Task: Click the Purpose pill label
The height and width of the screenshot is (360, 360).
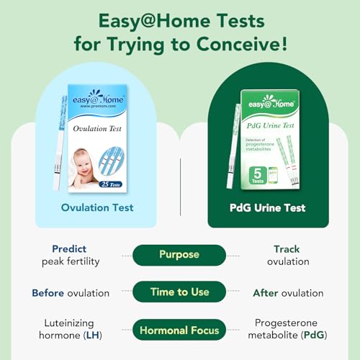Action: point(179,254)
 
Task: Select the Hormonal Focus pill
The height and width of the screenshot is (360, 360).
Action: point(179,331)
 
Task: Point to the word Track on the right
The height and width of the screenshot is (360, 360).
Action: point(287,248)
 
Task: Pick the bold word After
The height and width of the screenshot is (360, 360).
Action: point(269,293)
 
